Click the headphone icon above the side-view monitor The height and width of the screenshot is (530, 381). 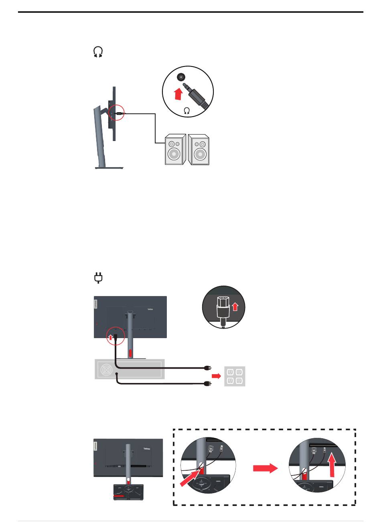tap(98, 52)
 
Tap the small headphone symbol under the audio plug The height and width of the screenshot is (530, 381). tap(187, 111)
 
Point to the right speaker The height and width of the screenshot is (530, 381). tap(199, 150)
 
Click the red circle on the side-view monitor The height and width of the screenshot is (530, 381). tap(117, 114)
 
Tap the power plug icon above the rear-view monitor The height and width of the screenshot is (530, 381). tap(98, 278)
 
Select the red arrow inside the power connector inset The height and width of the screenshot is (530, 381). tap(235, 307)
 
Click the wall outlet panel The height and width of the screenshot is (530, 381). tap(234, 376)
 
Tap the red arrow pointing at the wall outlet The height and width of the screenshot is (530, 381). tap(216, 376)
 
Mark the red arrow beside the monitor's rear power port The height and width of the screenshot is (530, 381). tap(111, 337)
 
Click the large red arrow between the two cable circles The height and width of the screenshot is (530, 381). tap(265, 468)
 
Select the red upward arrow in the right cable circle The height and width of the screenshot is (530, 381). tap(331, 463)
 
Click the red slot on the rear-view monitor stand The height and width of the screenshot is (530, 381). tap(130, 353)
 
